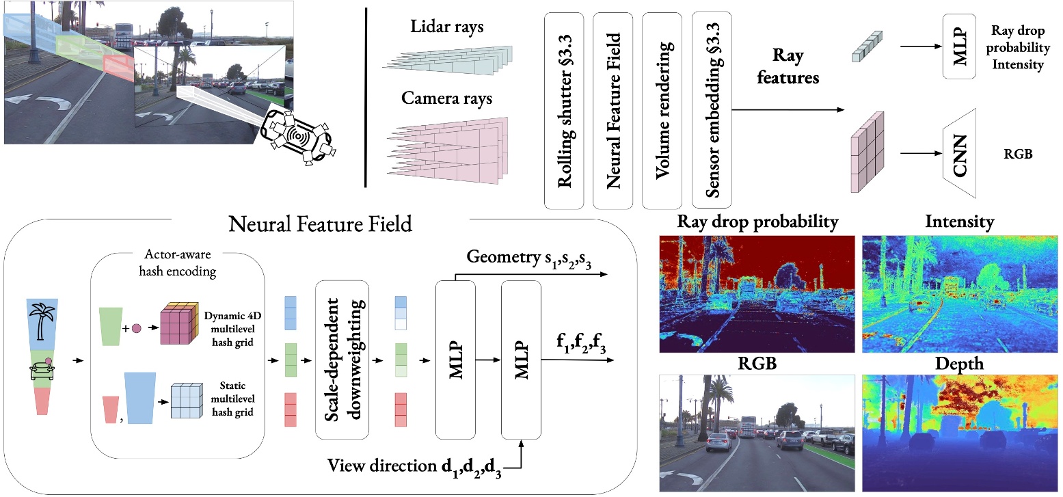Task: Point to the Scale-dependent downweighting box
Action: (341, 359)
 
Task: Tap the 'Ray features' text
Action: (795, 66)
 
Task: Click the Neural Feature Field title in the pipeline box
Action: (321, 224)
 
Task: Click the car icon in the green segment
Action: (42, 371)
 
